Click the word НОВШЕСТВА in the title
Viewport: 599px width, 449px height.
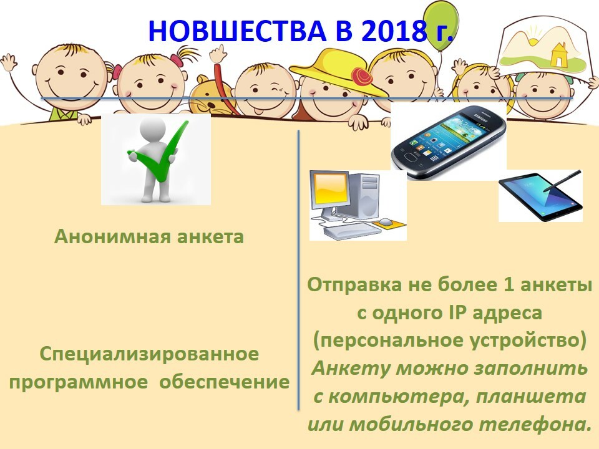click(x=237, y=31)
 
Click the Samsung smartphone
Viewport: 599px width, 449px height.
click(x=449, y=142)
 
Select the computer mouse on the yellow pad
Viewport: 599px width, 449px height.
click(x=386, y=221)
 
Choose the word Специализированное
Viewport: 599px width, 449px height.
click(x=149, y=354)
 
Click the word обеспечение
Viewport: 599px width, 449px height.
click(x=224, y=382)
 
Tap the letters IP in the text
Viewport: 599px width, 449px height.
click(x=456, y=312)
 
